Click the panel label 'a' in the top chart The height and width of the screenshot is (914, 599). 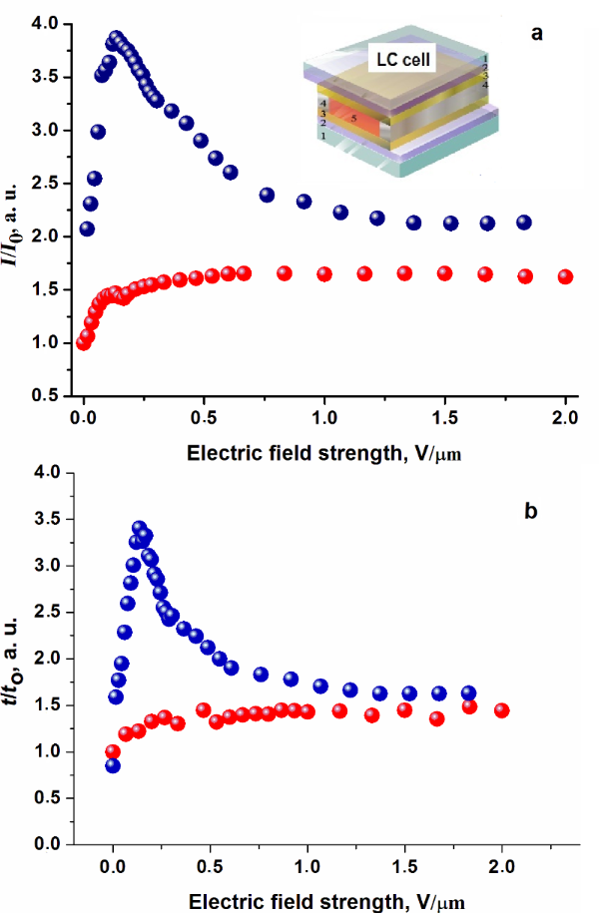(x=537, y=34)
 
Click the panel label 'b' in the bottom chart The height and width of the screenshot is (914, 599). (x=531, y=512)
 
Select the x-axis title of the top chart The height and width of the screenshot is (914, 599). (x=324, y=453)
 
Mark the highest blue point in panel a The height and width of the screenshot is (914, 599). (x=116, y=38)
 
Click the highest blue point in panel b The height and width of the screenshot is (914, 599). (x=140, y=528)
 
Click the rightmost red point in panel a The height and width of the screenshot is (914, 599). (x=565, y=276)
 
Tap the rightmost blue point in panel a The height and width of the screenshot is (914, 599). (x=524, y=223)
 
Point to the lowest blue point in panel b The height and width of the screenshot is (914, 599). (x=113, y=765)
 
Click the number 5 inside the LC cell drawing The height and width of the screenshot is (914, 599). (x=353, y=119)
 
